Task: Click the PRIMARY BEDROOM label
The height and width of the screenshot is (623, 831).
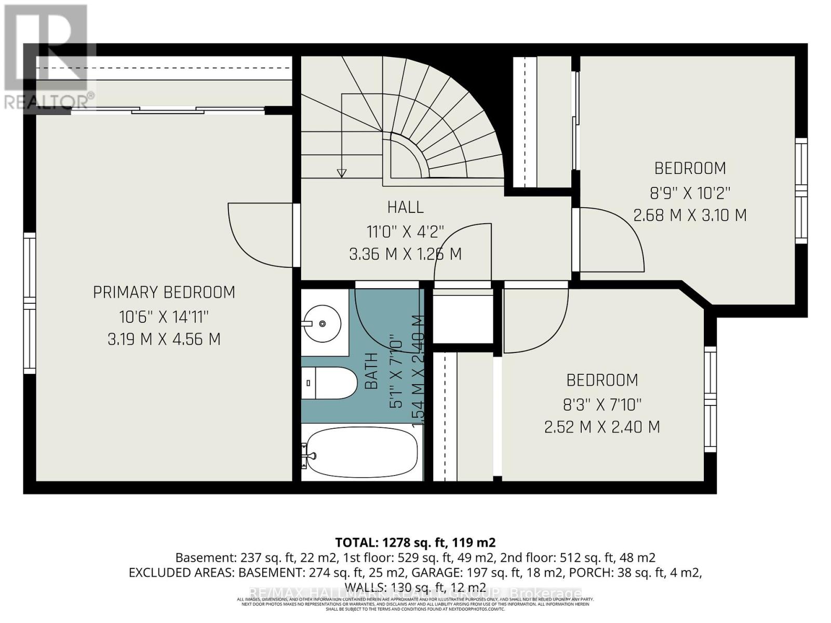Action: tap(164, 292)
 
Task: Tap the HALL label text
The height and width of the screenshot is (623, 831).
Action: tap(405, 207)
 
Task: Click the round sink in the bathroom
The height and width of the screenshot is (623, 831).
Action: tap(323, 323)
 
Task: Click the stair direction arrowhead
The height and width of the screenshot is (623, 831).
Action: tap(341, 173)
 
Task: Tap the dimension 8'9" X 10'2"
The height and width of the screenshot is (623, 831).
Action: tap(690, 193)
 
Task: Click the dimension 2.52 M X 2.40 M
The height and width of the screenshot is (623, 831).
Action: tap(602, 427)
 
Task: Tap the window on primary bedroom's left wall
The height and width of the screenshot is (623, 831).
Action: tap(30, 303)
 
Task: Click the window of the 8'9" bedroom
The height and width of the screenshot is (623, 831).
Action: tap(801, 191)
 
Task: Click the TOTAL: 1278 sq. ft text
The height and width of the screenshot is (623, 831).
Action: tap(415, 543)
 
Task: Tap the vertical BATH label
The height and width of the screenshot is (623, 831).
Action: tap(371, 371)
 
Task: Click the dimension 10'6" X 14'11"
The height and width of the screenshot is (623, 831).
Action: tap(164, 316)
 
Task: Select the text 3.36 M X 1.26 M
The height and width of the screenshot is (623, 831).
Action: tap(405, 254)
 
